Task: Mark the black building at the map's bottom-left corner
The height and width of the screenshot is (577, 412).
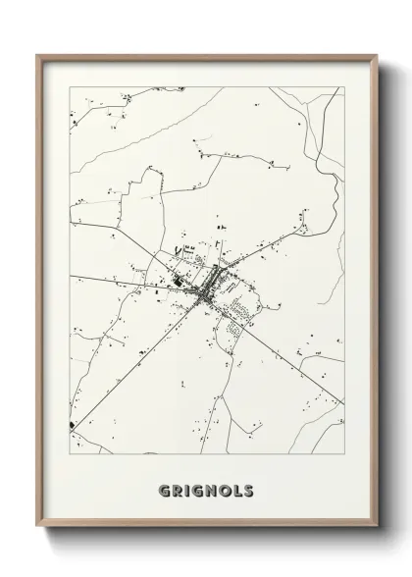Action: click(73, 425)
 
